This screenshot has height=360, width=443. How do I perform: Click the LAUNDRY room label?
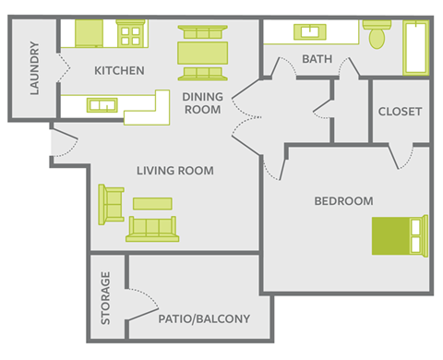34,68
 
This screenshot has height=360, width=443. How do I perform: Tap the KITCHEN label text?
119,69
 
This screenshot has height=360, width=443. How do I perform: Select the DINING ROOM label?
201,102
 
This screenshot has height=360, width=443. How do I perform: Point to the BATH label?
317,60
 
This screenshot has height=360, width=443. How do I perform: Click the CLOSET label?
400,112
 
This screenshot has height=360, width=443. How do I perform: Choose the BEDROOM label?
343,201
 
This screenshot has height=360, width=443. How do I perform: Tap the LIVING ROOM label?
175,171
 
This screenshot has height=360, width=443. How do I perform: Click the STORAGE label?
106,298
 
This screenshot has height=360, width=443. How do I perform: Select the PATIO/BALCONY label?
205,319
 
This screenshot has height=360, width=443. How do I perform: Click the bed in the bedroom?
399,235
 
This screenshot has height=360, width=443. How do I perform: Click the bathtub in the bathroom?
415,47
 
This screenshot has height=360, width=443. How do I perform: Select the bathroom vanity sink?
308,32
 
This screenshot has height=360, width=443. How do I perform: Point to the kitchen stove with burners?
131,35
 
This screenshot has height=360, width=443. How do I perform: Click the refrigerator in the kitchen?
89,33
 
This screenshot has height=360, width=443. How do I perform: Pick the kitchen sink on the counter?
101,104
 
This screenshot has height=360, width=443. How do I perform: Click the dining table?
203,50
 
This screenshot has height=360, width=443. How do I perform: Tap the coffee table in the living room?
152,202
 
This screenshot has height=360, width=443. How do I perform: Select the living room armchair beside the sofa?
112,204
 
